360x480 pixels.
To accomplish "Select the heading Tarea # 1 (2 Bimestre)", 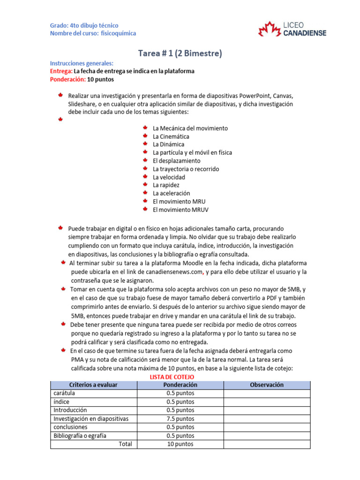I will pos(180,53).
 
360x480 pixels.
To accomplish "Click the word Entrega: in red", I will pos(61,71).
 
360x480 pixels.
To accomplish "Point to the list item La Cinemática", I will pos(171,136).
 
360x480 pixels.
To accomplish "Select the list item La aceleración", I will pos(171,193).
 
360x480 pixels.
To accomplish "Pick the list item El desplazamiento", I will pos(176,161).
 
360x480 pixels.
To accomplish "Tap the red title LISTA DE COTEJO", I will pos(171,377).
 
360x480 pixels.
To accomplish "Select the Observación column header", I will pos(267,385).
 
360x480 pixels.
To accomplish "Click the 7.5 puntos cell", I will pos(180,419).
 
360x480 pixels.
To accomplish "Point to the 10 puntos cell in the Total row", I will pos(180,444).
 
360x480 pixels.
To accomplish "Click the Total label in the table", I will pos(125,444).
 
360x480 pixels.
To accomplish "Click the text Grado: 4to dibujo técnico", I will pos(84,25).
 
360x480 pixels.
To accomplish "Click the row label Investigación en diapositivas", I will pos(91,419).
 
